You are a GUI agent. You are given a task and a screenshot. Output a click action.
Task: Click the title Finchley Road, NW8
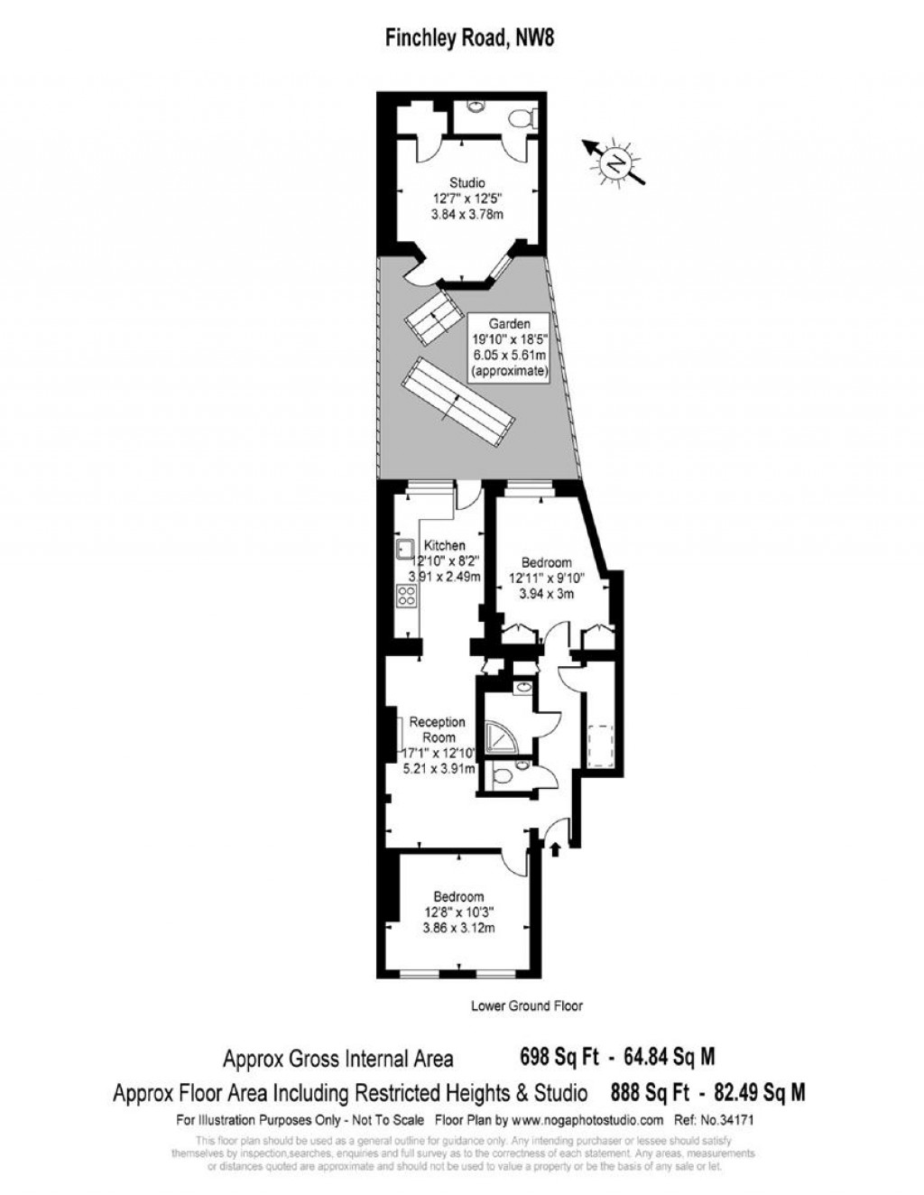tap(463, 37)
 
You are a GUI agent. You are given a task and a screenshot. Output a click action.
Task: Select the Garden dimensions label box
tap(510, 347)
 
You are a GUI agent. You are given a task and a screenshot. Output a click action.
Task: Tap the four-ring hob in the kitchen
tap(406, 596)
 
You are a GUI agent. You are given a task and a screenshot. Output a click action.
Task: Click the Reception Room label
tap(438, 729)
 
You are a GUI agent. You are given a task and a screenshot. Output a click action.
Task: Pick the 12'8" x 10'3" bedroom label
tap(458, 912)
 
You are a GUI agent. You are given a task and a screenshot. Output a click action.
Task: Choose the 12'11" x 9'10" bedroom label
tap(547, 578)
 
